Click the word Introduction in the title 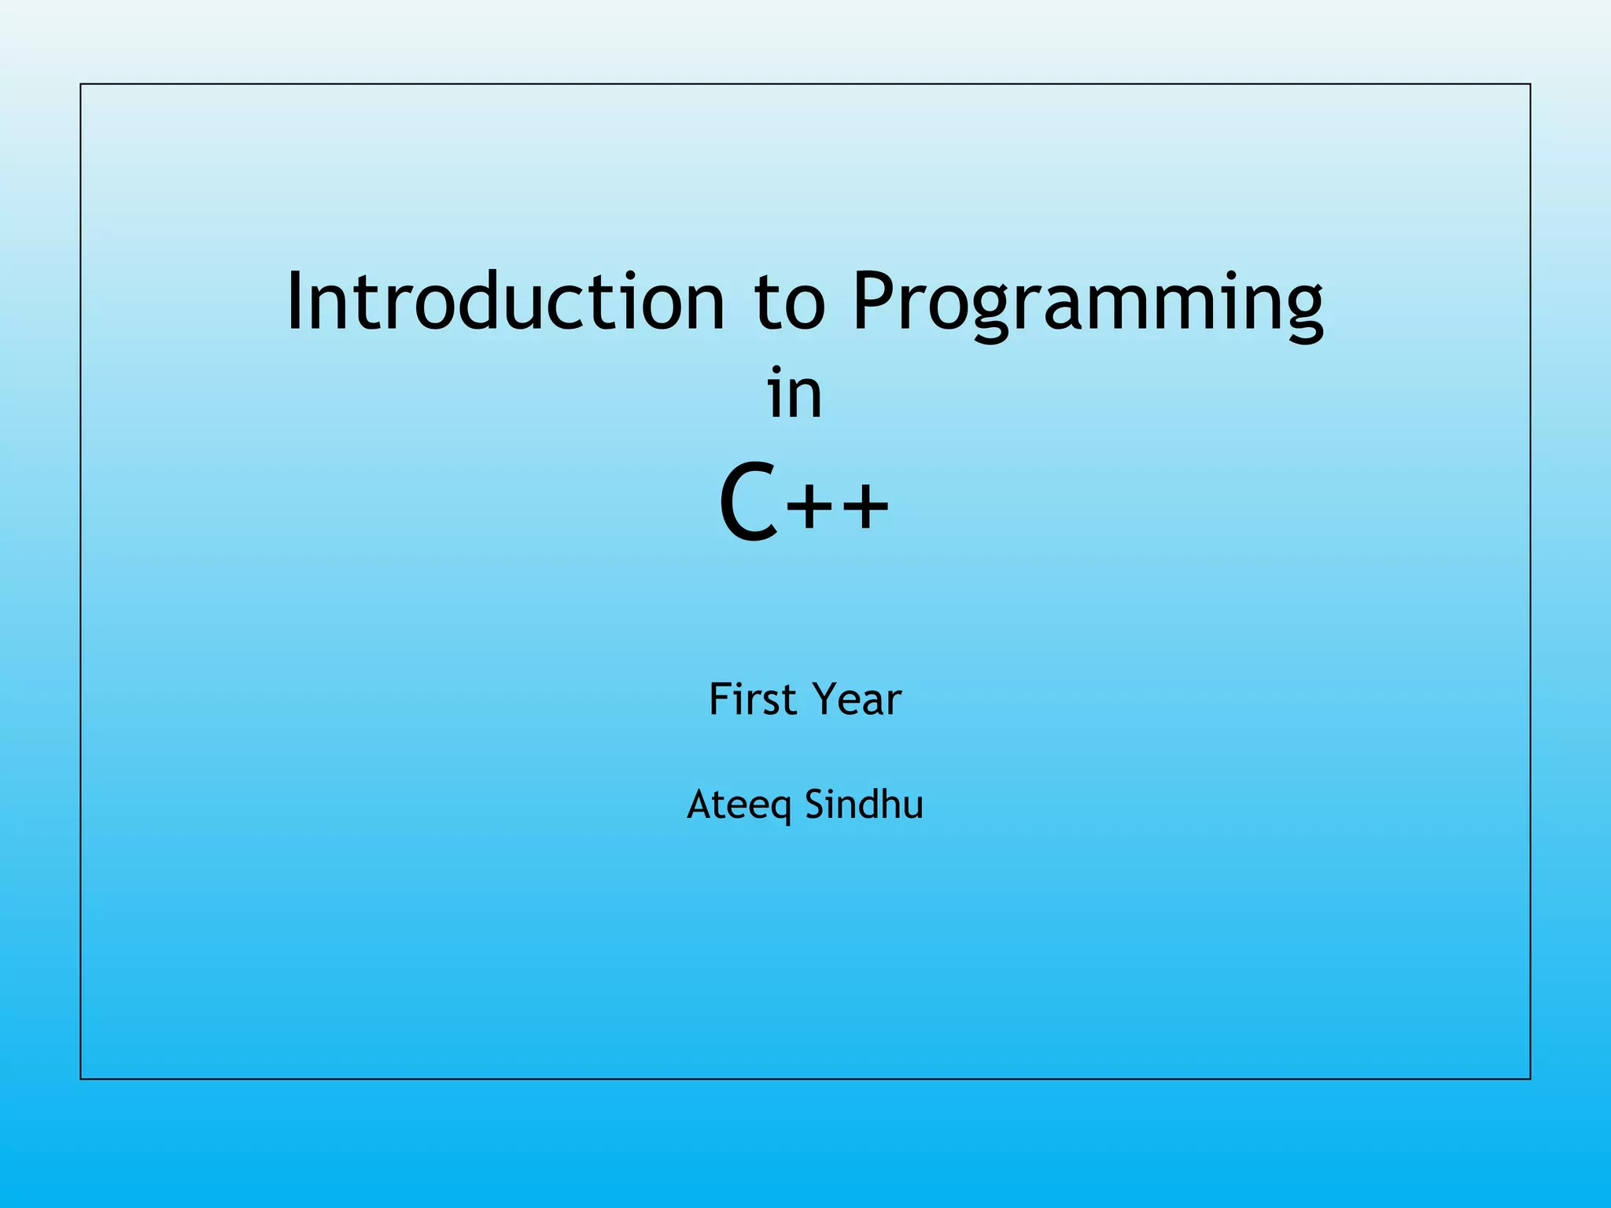tap(505, 301)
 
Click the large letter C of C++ tap(749, 503)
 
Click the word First tap(752, 699)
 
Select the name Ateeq tap(739, 805)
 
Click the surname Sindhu tap(864, 804)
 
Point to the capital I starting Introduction tap(295, 301)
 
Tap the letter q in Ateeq tap(780, 809)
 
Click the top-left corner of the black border tap(81, 84)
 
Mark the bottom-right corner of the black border tap(1530, 1078)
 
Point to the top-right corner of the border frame tap(1530, 84)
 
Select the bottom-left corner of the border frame tap(81, 1078)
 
